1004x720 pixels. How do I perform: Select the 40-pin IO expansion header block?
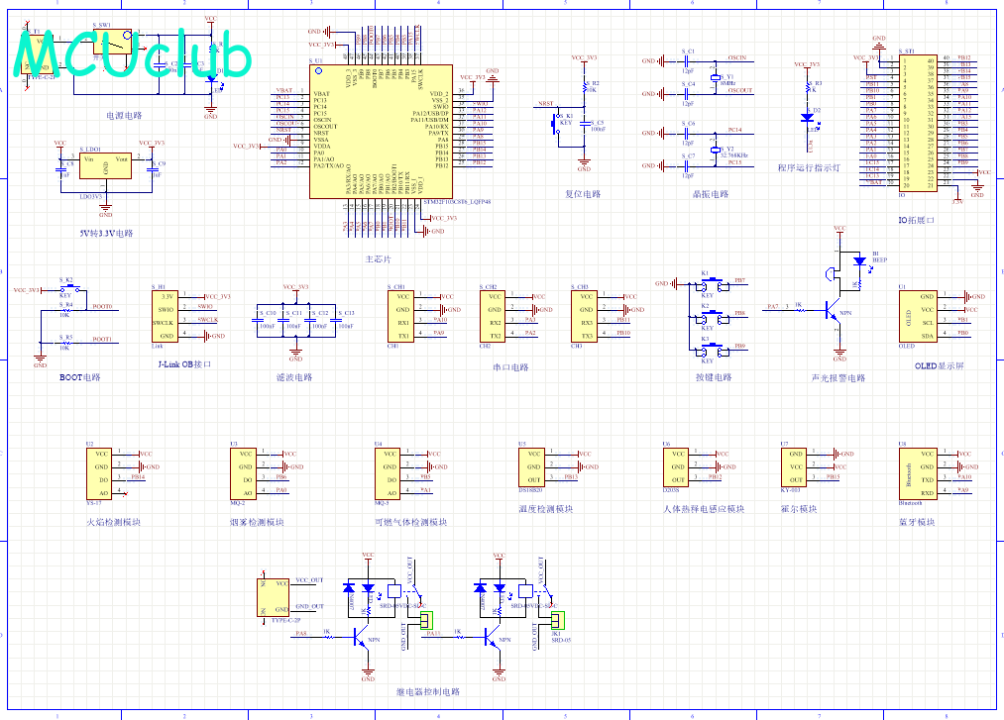click(x=918, y=121)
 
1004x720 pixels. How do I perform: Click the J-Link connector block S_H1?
click(x=167, y=316)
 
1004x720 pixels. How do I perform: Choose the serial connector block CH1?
click(x=402, y=316)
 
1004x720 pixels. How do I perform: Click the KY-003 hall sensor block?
click(x=793, y=466)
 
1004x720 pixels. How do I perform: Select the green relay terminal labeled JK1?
click(x=555, y=620)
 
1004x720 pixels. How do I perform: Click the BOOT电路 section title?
click(x=79, y=376)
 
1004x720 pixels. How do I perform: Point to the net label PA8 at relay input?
click(x=301, y=633)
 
